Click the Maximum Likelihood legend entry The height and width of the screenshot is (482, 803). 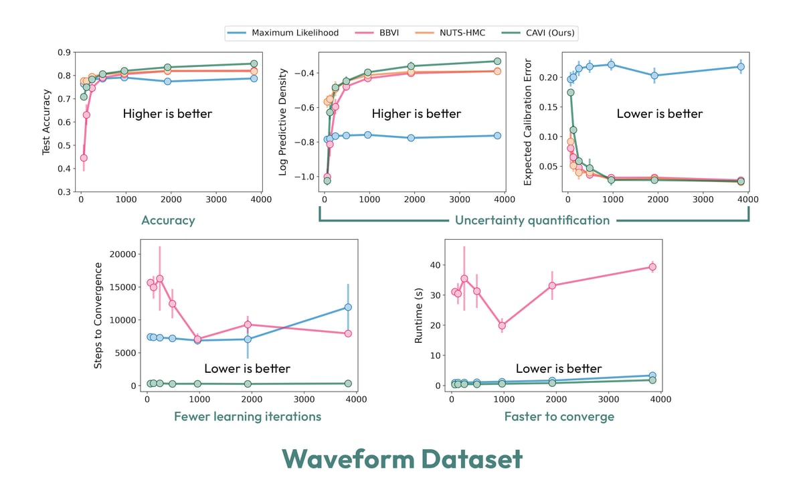(295, 32)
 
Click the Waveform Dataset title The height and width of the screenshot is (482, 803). (401, 459)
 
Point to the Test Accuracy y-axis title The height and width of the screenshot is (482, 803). (47, 122)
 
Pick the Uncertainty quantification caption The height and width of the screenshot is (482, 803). (533, 220)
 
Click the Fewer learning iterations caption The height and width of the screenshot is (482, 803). (248, 416)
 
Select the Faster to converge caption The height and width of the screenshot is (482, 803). (559, 416)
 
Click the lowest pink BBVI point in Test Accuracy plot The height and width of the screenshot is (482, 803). (84, 158)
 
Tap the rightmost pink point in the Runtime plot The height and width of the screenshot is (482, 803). (652, 266)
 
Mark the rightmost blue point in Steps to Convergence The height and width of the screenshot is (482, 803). (348, 307)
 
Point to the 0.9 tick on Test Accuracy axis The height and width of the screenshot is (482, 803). (65, 52)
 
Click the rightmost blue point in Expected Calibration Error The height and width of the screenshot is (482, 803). (741, 66)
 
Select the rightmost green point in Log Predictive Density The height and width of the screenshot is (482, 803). (497, 61)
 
